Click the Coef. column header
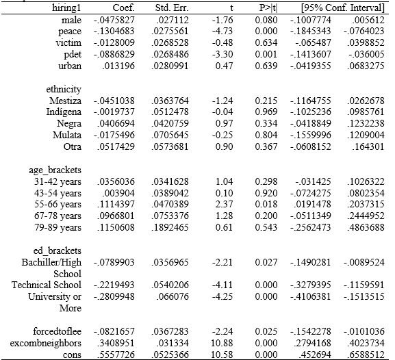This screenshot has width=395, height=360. pyautogui.click(x=123, y=8)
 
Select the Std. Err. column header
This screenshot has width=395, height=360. pyautogui.click(x=172, y=8)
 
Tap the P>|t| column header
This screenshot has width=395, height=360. pyautogui.click(x=268, y=8)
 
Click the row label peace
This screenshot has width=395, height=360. pyautogui.click(x=70, y=31)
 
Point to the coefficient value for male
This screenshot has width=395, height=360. pyautogui.click(x=114, y=20)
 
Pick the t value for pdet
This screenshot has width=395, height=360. pyautogui.click(x=222, y=55)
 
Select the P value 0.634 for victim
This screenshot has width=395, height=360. pyautogui.click(x=266, y=43)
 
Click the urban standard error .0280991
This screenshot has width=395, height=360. pyautogui.click(x=170, y=66)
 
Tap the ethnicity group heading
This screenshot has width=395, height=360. pyautogui.click(x=64, y=90)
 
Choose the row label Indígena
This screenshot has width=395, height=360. pyautogui.click(x=64, y=112)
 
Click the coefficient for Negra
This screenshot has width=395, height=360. pyautogui.click(x=116, y=123)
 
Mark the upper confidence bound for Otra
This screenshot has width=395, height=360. pyautogui.click(x=368, y=146)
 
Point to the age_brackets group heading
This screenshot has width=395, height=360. pyautogui.click(x=55, y=170)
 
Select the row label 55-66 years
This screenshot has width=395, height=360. pyautogui.click(x=58, y=205)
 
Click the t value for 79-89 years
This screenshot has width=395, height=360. pyautogui.click(x=224, y=227)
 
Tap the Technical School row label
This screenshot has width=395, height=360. pyautogui.click(x=47, y=285)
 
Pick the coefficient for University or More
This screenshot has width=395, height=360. pyautogui.click(x=114, y=296)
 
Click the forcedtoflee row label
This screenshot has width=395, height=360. pyautogui.click(x=58, y=331)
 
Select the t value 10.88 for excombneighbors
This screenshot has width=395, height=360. pyautogui.click(x=222, y=343)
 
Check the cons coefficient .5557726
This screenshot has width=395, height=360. pyautogui.click(x=116, y=355)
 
